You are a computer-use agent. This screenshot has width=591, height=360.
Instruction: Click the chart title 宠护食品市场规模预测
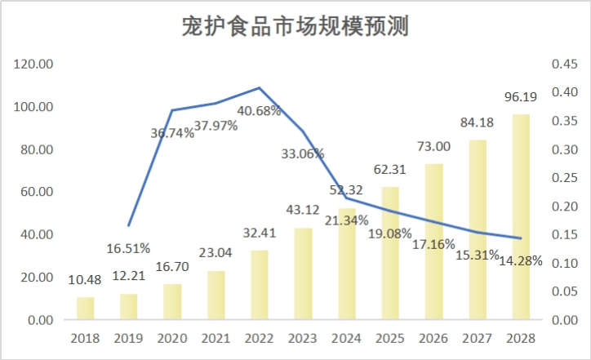(x=295, y=28)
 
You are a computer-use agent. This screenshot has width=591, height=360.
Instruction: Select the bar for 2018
(x=86, y=309)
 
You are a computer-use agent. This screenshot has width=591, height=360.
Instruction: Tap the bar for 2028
(x=521, y=217)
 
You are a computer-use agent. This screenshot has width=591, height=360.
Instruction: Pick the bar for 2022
(x=260, y=285)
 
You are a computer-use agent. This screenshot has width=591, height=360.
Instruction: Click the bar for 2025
(x=390, y=253)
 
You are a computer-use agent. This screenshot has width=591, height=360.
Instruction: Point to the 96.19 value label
(x=521, y=97)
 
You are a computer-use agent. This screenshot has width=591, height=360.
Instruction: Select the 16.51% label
(x=129, y=248)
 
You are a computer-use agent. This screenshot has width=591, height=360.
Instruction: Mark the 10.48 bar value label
(x=86, y=280)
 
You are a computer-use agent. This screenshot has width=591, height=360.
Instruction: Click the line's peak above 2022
(x=260, y=87)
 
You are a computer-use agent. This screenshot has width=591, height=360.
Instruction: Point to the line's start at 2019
(x=129, y=225)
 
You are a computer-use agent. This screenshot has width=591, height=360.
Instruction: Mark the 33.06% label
(x=303, y=153)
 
